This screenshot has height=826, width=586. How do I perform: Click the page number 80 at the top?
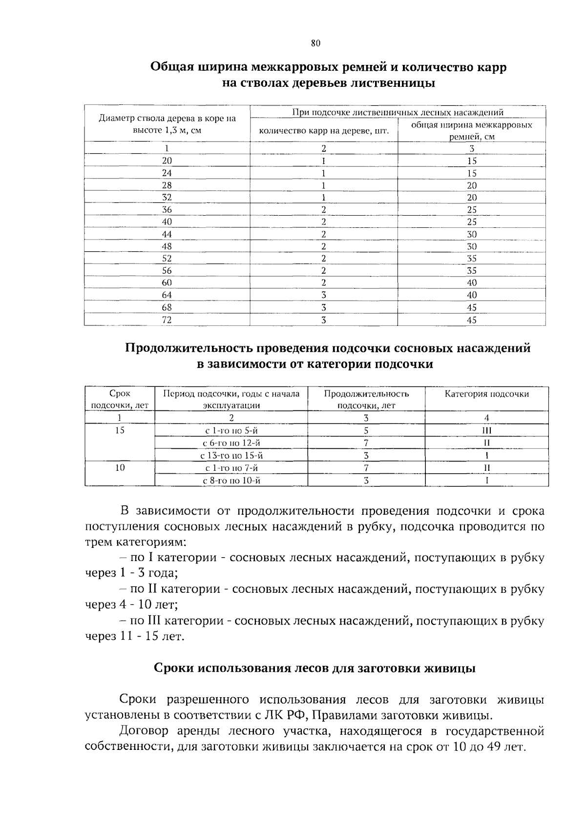(315, 43)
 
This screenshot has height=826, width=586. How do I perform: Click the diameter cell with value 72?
(167, 320)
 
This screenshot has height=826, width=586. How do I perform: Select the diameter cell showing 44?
(167, 234)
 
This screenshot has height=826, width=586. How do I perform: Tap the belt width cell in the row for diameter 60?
(471, 282)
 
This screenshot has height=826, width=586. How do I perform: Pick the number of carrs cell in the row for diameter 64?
(323, 295)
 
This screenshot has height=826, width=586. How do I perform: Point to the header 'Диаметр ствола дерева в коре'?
(167, 119)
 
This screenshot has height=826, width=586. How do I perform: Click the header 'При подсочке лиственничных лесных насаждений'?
(398, 113)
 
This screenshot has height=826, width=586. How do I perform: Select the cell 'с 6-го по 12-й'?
(231, 443)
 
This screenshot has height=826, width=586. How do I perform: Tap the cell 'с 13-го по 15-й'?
(231, 456)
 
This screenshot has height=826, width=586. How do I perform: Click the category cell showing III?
(486, 430)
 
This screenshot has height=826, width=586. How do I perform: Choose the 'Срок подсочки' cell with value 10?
(120, 468)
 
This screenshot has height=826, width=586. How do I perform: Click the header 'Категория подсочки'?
(486, 394)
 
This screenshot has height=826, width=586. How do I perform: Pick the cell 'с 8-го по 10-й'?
(231, 481)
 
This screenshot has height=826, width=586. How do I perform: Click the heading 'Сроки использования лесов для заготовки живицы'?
(314, 668)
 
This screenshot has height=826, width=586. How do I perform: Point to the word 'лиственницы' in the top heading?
(387, 83)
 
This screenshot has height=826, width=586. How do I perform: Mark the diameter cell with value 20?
(167, 161)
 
